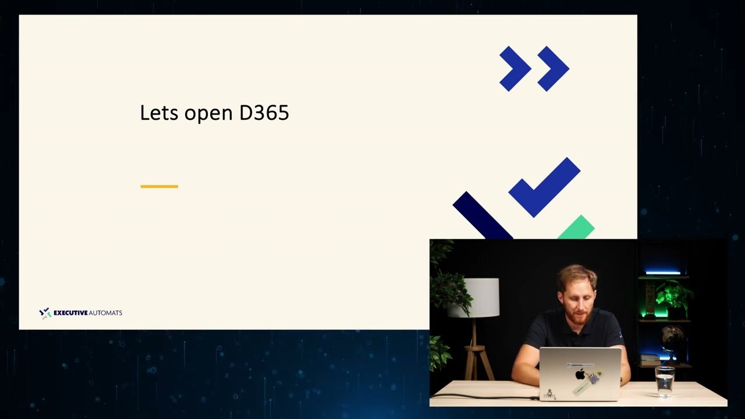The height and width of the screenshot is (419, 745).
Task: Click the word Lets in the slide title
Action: tap(159, 112)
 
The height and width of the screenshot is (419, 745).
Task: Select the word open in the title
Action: tap(208, 115)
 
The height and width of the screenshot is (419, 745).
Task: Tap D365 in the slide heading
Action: tap(264, 112)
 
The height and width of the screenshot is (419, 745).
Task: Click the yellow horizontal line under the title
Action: tap(159, 187)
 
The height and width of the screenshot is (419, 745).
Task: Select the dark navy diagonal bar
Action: tap(483, 216)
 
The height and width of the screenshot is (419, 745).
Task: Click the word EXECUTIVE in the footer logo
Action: tap(70, 313)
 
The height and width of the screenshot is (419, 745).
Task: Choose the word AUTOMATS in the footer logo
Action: tap(106, 313)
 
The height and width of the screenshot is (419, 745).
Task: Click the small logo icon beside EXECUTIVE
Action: tap(45, 313)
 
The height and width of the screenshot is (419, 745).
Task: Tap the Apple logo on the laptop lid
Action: tap(580, 374)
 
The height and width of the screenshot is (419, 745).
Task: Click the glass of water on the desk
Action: tap(665, 382)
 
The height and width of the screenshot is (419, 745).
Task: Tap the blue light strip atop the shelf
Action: tap(663, 273)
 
